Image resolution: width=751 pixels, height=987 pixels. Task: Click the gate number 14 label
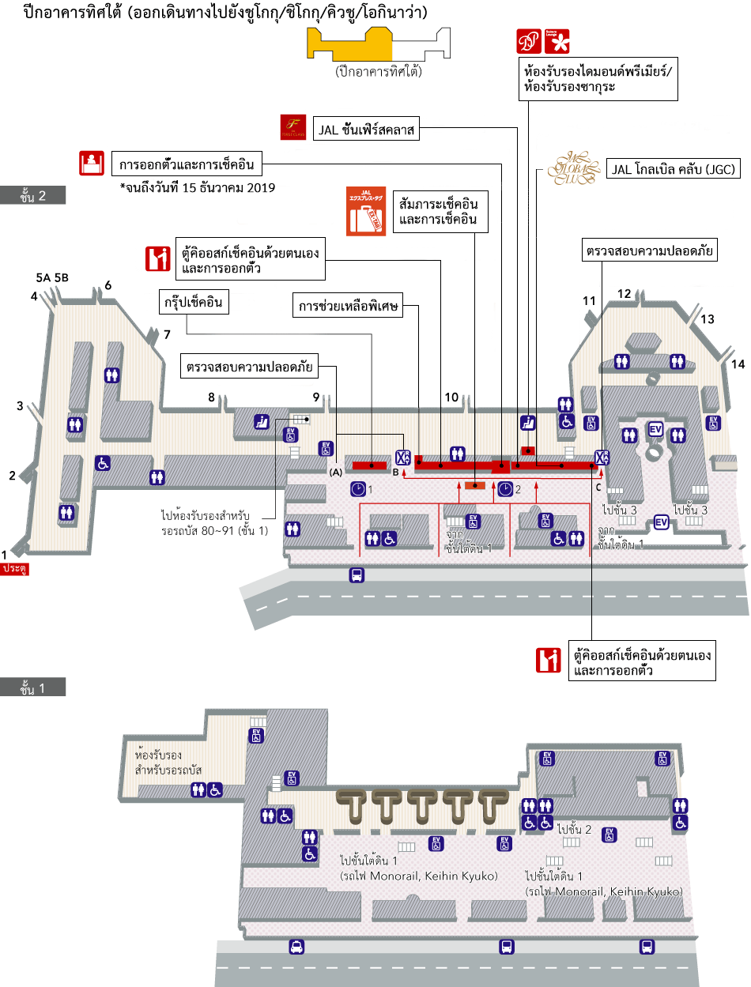pyautogui.click(x=738, y=364)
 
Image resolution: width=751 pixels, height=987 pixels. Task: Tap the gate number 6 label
pyautogui.click(x=108, y=285)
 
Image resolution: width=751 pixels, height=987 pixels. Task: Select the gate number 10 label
pyautogui.click(x=451, y=397)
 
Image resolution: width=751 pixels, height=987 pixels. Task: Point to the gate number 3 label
pyautogui.click(x=21, y=406)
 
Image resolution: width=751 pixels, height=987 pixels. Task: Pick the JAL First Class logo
pyautogui.click(x=293, y=128)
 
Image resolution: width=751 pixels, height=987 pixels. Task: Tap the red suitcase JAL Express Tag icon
pyautogui.click(x=365, y=211)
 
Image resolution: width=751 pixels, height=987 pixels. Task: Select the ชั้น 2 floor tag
pyautogui.click(x=32, y=196)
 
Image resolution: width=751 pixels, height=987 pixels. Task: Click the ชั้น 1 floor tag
pyautogui.click(x=32, y=688)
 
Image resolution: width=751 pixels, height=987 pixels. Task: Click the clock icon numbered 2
pyautogui.click(x=505, y=489)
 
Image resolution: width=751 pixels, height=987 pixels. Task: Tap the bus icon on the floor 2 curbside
pyautogui.click(x=357, y=574)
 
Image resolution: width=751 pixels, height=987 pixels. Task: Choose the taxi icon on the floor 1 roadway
pyautogui.click(x=296, y=947)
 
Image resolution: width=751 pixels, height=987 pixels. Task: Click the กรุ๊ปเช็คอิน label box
pyautogui.click(x=194, y=303)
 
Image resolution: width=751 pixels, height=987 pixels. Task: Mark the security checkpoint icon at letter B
pyautogui.click(x=403, y=458)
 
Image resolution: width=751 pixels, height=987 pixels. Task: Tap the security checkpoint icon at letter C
pyautogui.click(x=602, y=458)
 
